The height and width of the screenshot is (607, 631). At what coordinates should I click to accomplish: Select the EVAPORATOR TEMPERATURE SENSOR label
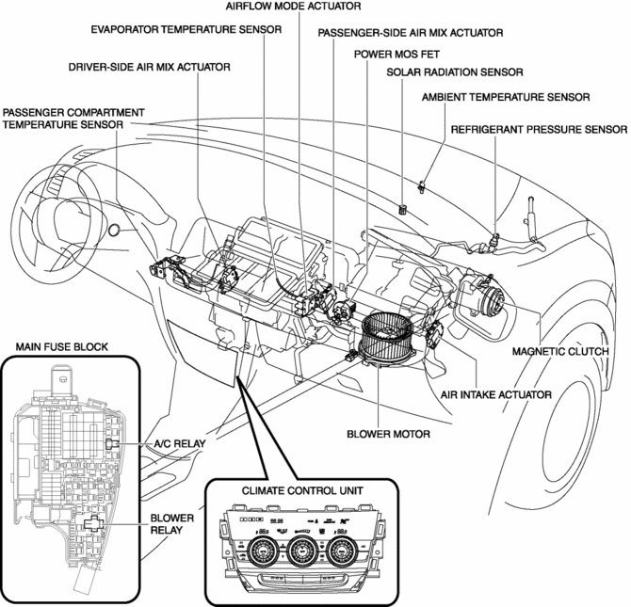point(186,29)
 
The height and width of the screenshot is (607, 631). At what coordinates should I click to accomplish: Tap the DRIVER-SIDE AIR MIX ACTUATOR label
point(149,68)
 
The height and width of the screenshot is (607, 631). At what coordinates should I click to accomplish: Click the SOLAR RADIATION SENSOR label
point(455,72)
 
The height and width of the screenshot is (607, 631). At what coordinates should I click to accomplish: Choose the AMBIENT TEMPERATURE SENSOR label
point(506,97)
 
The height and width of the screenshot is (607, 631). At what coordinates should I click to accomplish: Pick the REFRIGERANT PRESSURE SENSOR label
point(539,129)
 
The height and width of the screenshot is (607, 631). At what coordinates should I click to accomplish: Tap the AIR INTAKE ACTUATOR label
point(500,394)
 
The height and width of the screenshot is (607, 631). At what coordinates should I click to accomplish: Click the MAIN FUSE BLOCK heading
point(61,347)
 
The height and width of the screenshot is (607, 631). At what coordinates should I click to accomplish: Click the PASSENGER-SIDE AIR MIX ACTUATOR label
point(410,33)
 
